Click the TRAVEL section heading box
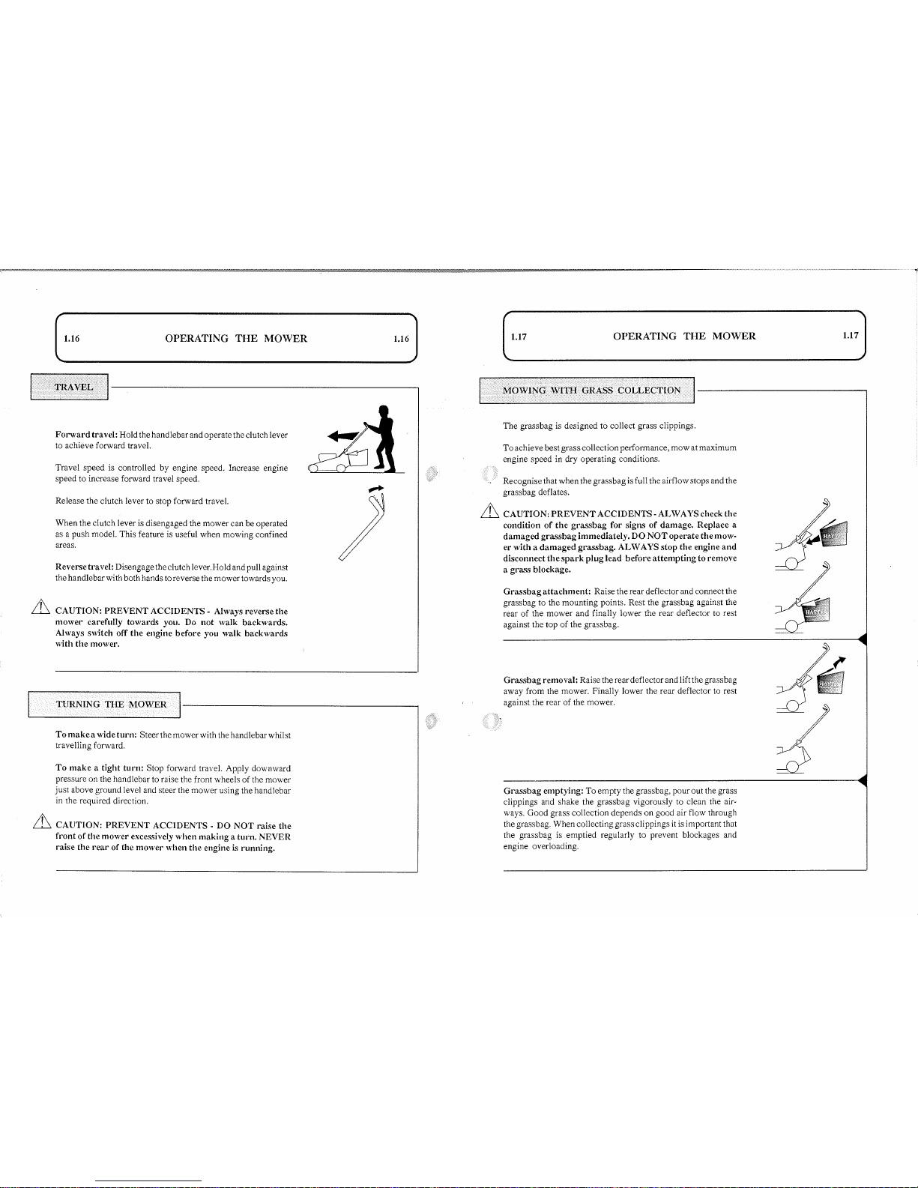[x=70, y=387]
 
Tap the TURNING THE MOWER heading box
[x=104, y=704]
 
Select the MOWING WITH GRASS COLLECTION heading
[x=587, y=391]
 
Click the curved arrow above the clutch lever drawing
[x=376, y=489]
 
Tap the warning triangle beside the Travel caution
[x=41, y=607]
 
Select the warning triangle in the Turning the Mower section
[x=42, y=821]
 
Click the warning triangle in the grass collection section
[x=490, y=510]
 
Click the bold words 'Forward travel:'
[x=86, y=435]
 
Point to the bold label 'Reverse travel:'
[x=84, y=567]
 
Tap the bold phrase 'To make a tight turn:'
[x=100, y=768]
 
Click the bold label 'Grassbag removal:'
[x=540, y=680]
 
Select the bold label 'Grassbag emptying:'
[x=543, y=791]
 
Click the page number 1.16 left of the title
[x=72, y=339]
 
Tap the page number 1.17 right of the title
[x=851, y=336]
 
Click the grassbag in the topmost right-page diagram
[x=834, y=534]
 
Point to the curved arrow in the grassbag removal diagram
[x=839, y=663]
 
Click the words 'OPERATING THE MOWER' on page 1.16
[x=236, y=339]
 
